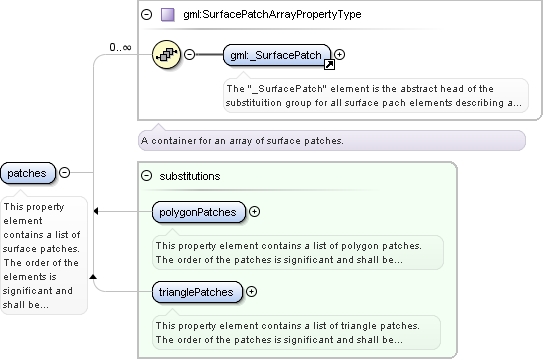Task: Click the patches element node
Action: point(28,173)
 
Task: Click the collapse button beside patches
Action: point(65,172)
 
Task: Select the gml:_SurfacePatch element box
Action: point(277,55)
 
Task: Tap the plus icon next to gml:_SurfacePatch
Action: point(340,54)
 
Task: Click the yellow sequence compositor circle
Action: point(167,54)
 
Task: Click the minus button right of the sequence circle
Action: point(189,54)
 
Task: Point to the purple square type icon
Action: point(168,15)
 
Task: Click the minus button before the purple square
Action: point(146,14)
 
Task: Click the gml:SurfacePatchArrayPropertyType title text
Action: point(272,14)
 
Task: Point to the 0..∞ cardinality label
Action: point(120,47)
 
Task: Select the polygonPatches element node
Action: point(199,212)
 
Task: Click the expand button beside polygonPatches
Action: point(255,212)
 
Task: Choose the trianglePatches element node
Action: point(197,292)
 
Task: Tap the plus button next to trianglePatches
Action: point(252,292)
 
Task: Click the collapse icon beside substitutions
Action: point(146,175)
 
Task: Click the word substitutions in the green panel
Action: point(190,176)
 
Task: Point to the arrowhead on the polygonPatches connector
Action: point(96,211)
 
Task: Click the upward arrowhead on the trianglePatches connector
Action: point(93,276)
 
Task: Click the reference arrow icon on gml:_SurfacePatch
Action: point(329,65)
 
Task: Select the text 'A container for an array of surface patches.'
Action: point(242,141)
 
